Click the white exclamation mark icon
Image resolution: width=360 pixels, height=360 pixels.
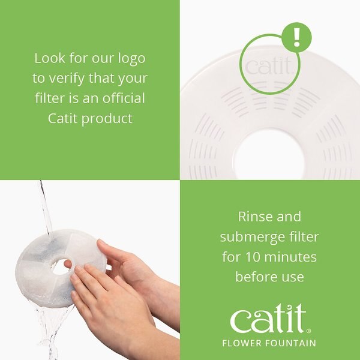(296, 37)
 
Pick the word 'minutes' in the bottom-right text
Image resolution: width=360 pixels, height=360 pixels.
(292, 257)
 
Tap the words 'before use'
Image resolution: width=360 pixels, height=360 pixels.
(269, 277)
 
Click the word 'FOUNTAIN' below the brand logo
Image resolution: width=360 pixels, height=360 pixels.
(292, 343)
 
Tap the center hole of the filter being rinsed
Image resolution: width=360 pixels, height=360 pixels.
(60, 266)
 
